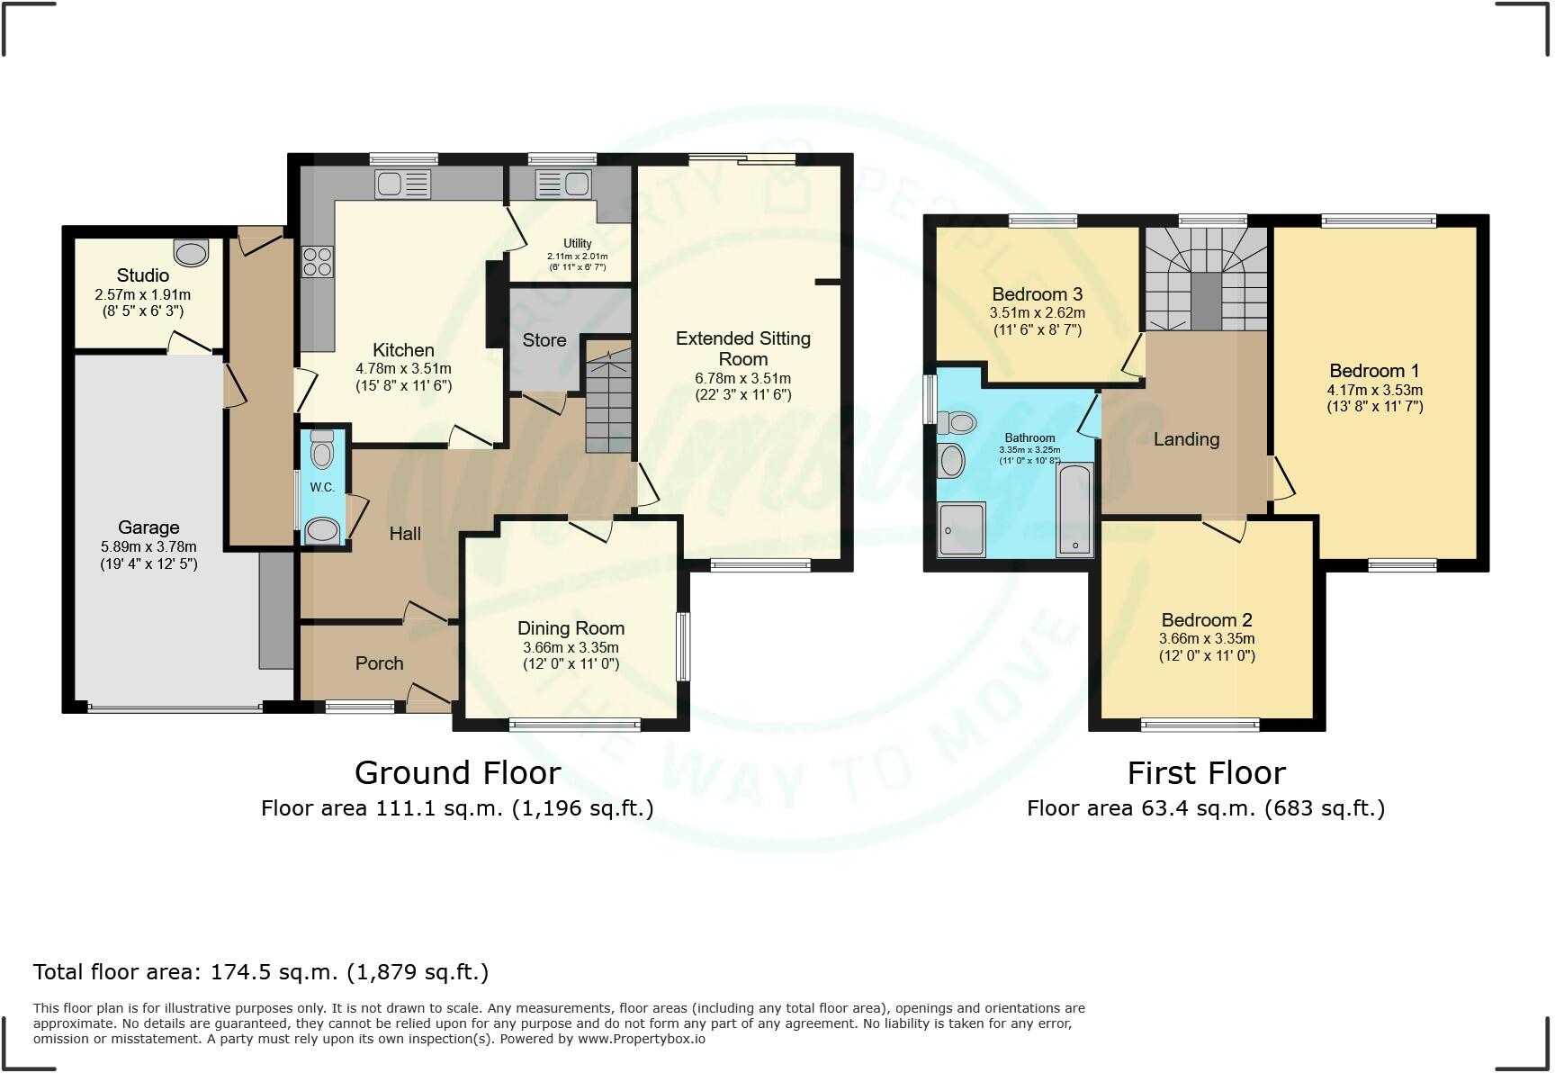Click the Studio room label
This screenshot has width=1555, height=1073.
(142, 275)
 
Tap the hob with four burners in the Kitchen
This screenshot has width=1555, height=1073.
(317, 262)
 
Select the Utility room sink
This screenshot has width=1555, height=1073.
(562, 185)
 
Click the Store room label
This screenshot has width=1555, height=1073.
(544, 340)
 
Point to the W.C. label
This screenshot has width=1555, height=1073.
(322, 487)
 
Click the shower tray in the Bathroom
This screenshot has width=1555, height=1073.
(961, 529)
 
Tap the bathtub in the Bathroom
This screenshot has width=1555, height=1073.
(1074, 509)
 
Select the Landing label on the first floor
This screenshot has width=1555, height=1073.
(1186, 439)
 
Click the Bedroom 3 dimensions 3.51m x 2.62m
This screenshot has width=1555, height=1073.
(1037, 313)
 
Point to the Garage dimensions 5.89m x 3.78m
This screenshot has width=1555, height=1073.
(148, 546)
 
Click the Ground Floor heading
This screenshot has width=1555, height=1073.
(457, 772)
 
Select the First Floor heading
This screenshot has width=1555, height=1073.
(1206, 772)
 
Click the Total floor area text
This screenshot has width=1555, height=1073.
(261, 971)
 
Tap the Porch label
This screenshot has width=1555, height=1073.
(379, 663)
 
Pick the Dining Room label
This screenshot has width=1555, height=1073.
(571, 628)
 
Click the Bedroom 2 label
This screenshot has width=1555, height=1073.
(1206, 620)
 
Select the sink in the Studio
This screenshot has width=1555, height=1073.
(191, 254)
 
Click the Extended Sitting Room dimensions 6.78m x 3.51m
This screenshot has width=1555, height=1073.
(742, 378)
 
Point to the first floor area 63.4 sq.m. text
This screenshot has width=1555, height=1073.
(1205, 808)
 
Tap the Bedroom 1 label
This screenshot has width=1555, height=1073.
(1374, 371)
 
